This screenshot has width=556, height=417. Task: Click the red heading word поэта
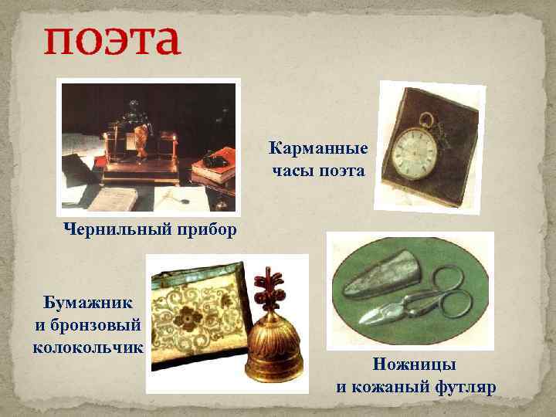coord(112,41)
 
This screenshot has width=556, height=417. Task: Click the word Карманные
coord(318,147)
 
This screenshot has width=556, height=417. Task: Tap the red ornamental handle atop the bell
coord(271,286)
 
